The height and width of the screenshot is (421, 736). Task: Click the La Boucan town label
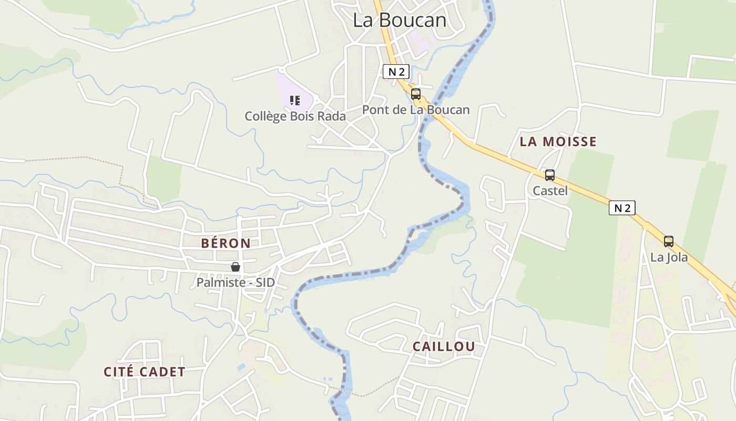400,20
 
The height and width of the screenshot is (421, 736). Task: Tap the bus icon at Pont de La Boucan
416,94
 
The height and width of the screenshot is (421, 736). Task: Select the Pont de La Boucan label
415,110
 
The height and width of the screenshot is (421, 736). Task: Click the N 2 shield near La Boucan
396,72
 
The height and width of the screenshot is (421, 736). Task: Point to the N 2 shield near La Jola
622,208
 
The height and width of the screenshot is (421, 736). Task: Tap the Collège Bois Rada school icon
295,100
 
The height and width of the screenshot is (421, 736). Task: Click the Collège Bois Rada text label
295,116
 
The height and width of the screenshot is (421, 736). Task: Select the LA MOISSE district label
558,142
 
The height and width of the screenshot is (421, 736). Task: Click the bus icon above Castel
550,175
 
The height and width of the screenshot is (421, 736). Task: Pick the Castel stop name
550,191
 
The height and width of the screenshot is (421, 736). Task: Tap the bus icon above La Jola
669,242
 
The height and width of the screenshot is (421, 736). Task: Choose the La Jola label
669,257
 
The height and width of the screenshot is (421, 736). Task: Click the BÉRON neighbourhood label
226,243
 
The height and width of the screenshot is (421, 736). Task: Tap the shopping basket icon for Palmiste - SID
236,267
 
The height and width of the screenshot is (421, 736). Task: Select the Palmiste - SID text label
236,283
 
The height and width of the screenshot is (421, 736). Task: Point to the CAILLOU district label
444,346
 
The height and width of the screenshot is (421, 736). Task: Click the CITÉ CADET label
145,372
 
